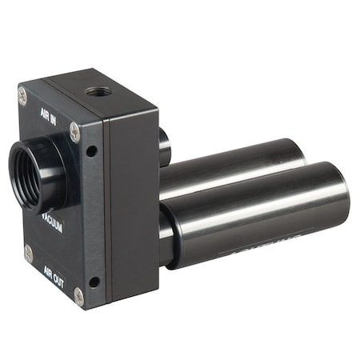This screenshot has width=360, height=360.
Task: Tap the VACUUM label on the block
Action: (x=52, y=222)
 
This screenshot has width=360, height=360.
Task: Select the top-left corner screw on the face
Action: (x=22, y=95)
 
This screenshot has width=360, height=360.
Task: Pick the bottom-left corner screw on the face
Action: (x=29, y=253)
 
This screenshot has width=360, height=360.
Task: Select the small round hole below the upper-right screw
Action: (x=92, y=150)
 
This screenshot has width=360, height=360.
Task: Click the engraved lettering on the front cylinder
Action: (x=256, y=250)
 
